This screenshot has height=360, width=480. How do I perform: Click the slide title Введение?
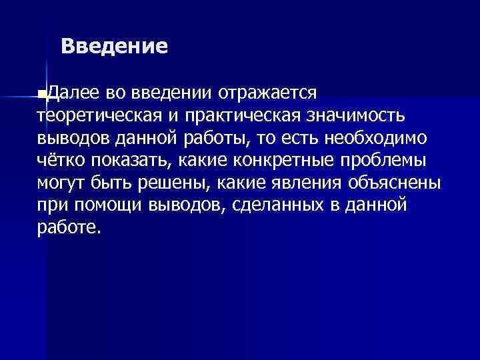tap(114, 47)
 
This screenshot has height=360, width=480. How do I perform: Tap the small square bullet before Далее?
tap(41, 91)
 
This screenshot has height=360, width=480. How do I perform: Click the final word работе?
tap(69, 228)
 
